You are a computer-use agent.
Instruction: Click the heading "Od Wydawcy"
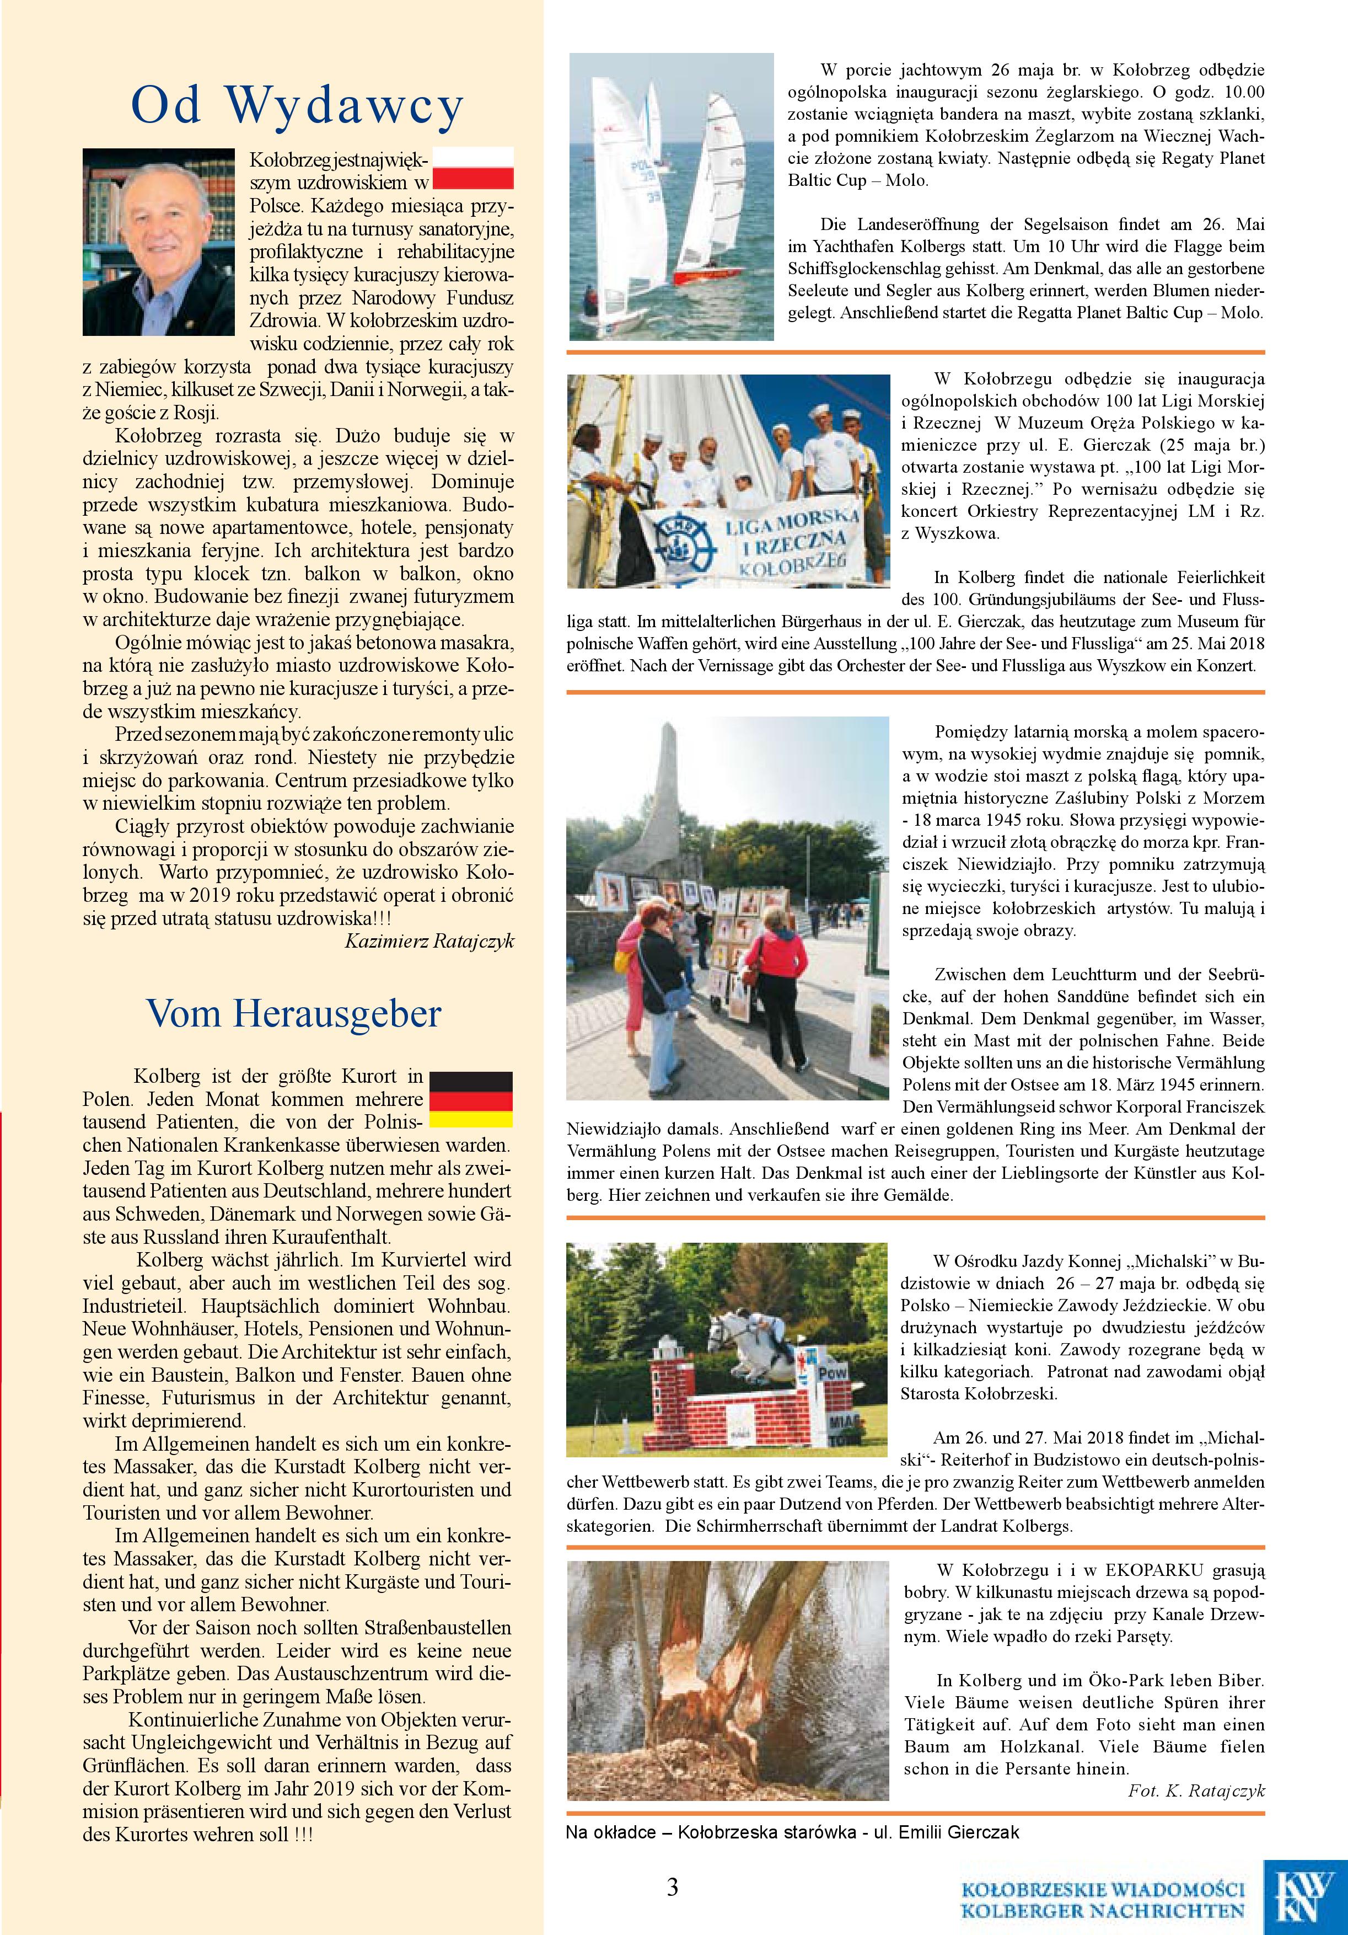[297, 106]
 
